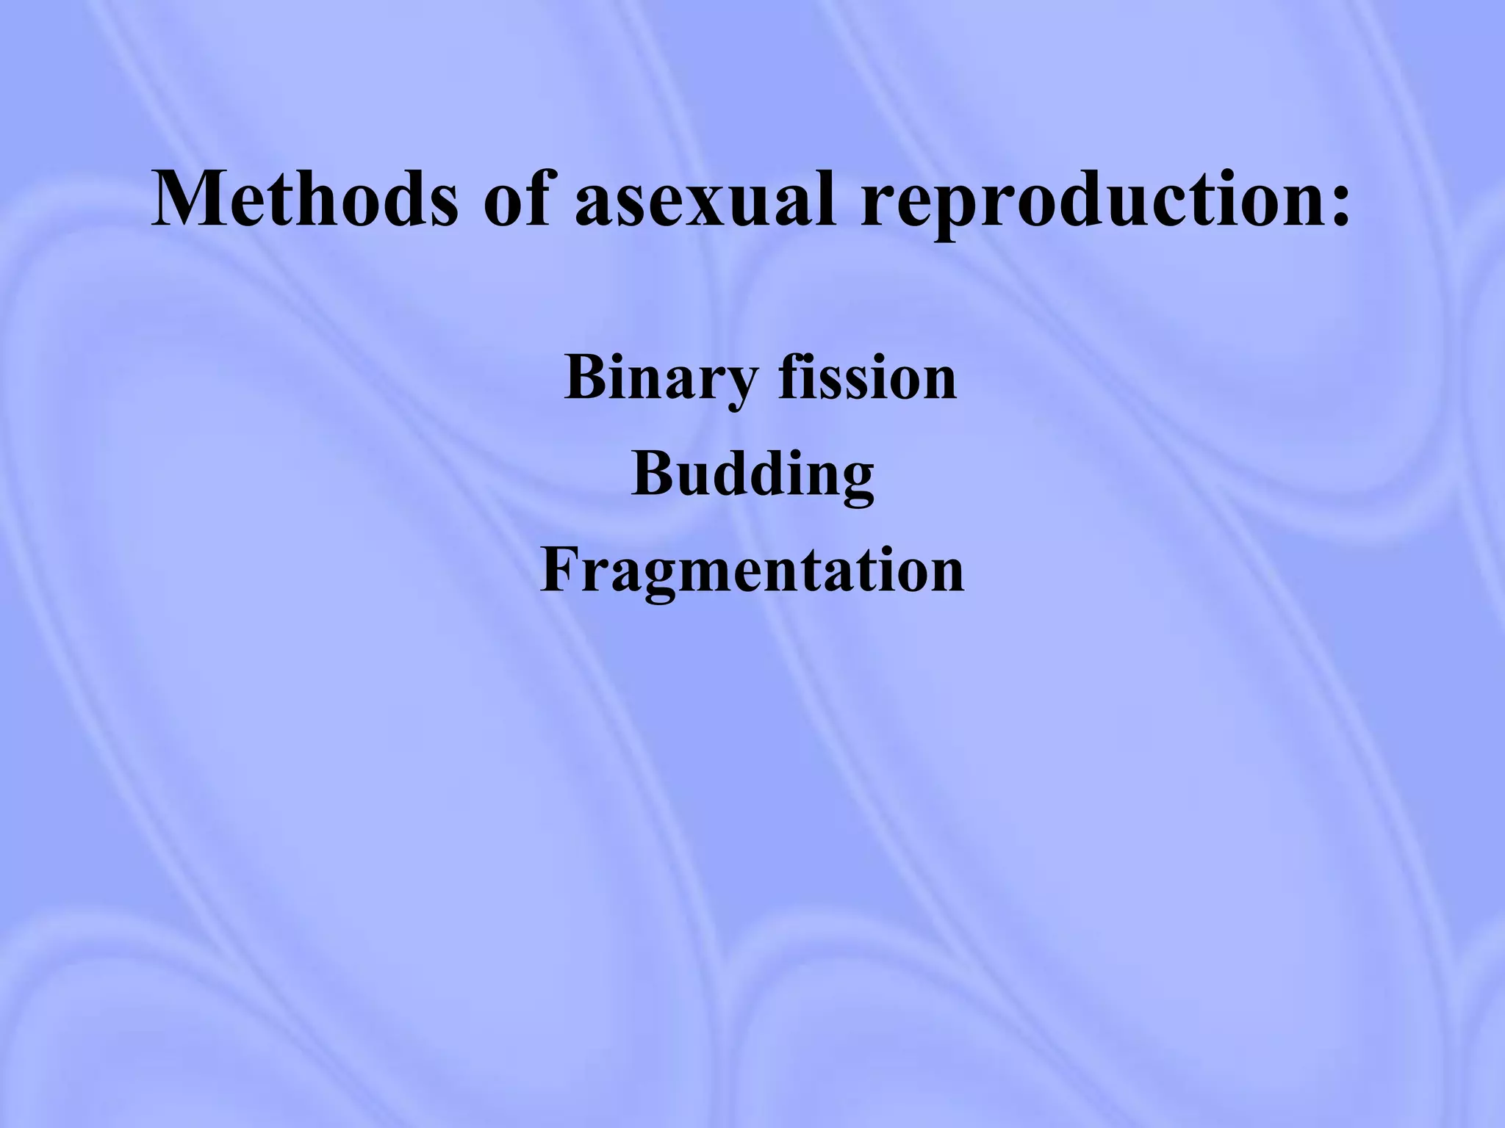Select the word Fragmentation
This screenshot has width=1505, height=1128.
click(752, 571)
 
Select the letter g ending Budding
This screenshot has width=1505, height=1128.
click(855, 485)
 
